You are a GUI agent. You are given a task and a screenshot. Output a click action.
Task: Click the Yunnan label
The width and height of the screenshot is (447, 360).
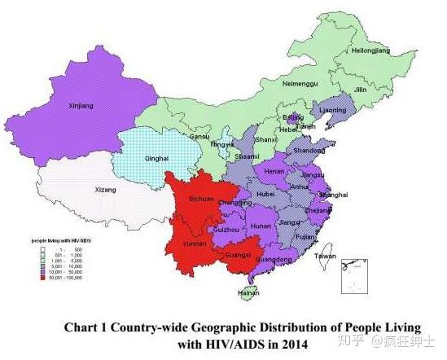coord(195,243)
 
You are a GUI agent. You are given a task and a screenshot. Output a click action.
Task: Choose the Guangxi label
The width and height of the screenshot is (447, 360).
coord(239,254)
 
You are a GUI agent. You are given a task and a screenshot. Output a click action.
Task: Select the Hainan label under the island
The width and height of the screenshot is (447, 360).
coord(249,293)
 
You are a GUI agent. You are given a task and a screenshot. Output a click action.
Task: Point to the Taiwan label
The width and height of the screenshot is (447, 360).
coord(325,256)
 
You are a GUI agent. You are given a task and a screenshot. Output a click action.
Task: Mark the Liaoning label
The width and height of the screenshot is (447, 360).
coord(332,109)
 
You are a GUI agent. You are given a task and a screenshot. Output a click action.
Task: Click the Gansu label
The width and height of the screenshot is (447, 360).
coord(200,136)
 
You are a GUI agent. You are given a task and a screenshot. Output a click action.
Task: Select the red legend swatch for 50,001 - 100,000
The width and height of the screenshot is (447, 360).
coord(37,277)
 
